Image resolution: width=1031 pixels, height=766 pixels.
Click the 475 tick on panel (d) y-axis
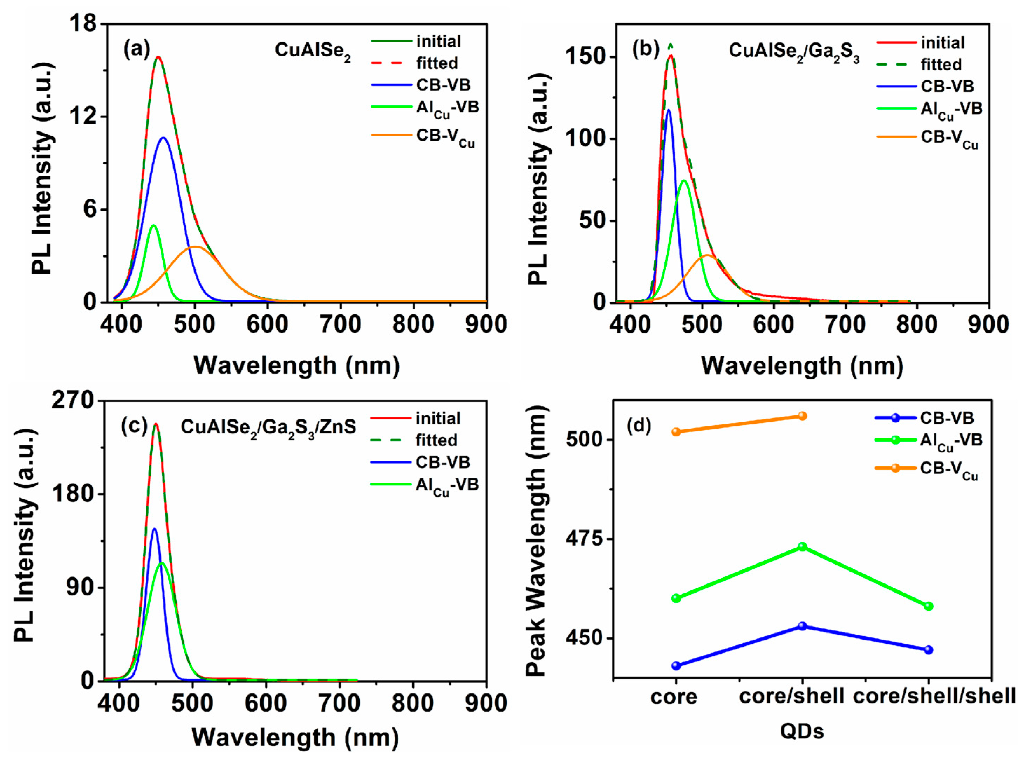pos(585,539)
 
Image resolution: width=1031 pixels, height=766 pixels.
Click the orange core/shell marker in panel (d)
pos(802,416)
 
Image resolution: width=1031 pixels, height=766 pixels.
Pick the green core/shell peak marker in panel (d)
pos(802,547)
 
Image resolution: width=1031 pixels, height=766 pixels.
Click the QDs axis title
pos(802,731)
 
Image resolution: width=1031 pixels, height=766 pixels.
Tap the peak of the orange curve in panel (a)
pos(195,247)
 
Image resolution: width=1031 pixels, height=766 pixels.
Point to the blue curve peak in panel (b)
pos(668,110)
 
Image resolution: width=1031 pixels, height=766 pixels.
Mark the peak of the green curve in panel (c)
pos(162,562)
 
